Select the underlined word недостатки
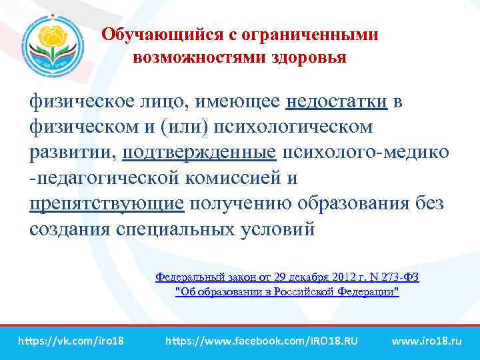(337, 102)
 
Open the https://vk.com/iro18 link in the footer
(71, 341)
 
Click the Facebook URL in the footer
(261, 341)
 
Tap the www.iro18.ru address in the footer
(427, 341)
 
